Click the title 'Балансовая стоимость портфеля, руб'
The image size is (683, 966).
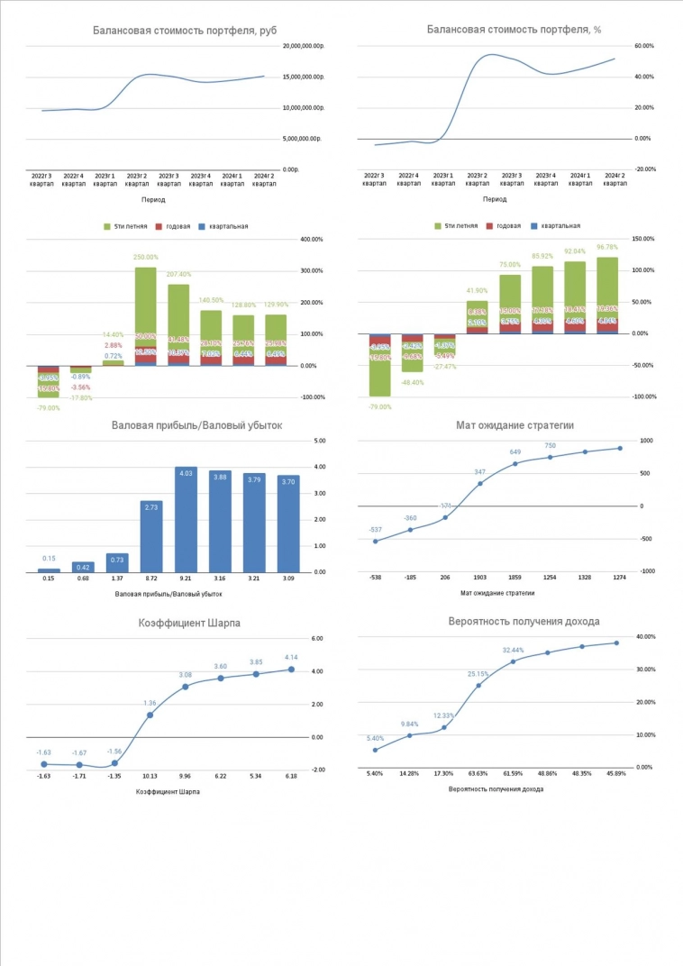[x=185, y=31]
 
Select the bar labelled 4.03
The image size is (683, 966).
[x=185, y=519]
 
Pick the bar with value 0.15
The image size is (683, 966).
[x=50, y=570]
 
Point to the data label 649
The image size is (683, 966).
[x=515, y=452]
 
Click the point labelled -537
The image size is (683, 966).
[x=376, y=541]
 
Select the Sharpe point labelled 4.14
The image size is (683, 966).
[x=291, y=670]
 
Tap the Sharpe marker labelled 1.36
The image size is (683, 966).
[x=150, y=715]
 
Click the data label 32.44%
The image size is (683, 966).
[x=513, y=650]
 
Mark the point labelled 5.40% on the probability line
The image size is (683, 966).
[x=375, y=750]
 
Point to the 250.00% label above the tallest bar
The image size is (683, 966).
[x=145, y=258]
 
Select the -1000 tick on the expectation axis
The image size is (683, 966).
[x=647, y=571]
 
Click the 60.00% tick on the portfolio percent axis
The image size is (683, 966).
[x=644, y=46]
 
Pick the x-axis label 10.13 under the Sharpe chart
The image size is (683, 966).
[x=150, y=775]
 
